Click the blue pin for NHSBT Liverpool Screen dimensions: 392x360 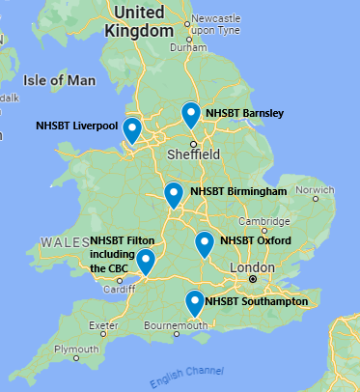point(132,129)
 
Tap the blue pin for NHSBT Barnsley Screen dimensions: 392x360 point(191,115)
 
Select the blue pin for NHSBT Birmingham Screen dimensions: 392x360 point(174,195)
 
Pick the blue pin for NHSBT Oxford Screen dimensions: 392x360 point(204,244)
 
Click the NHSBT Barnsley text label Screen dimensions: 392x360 point(245,113)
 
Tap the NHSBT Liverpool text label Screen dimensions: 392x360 point(76,126)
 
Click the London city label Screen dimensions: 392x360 point(252,266)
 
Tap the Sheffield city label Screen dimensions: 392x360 point(193,154)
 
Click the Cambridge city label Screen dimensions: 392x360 point(255,223)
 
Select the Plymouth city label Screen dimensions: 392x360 point(76,349)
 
